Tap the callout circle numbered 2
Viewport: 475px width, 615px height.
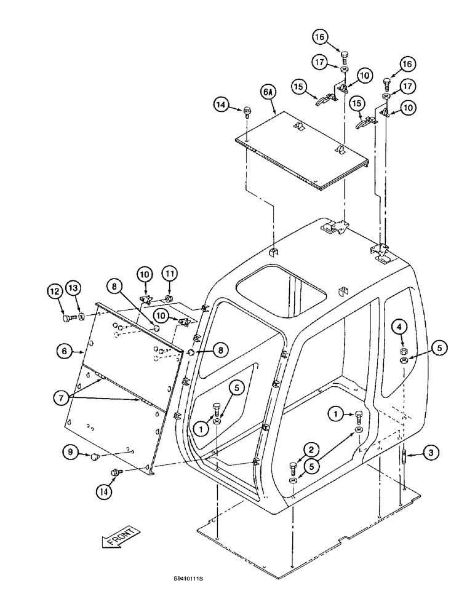[x=299, y=450]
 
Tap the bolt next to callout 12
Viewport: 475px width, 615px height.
[x=68, y=318]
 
